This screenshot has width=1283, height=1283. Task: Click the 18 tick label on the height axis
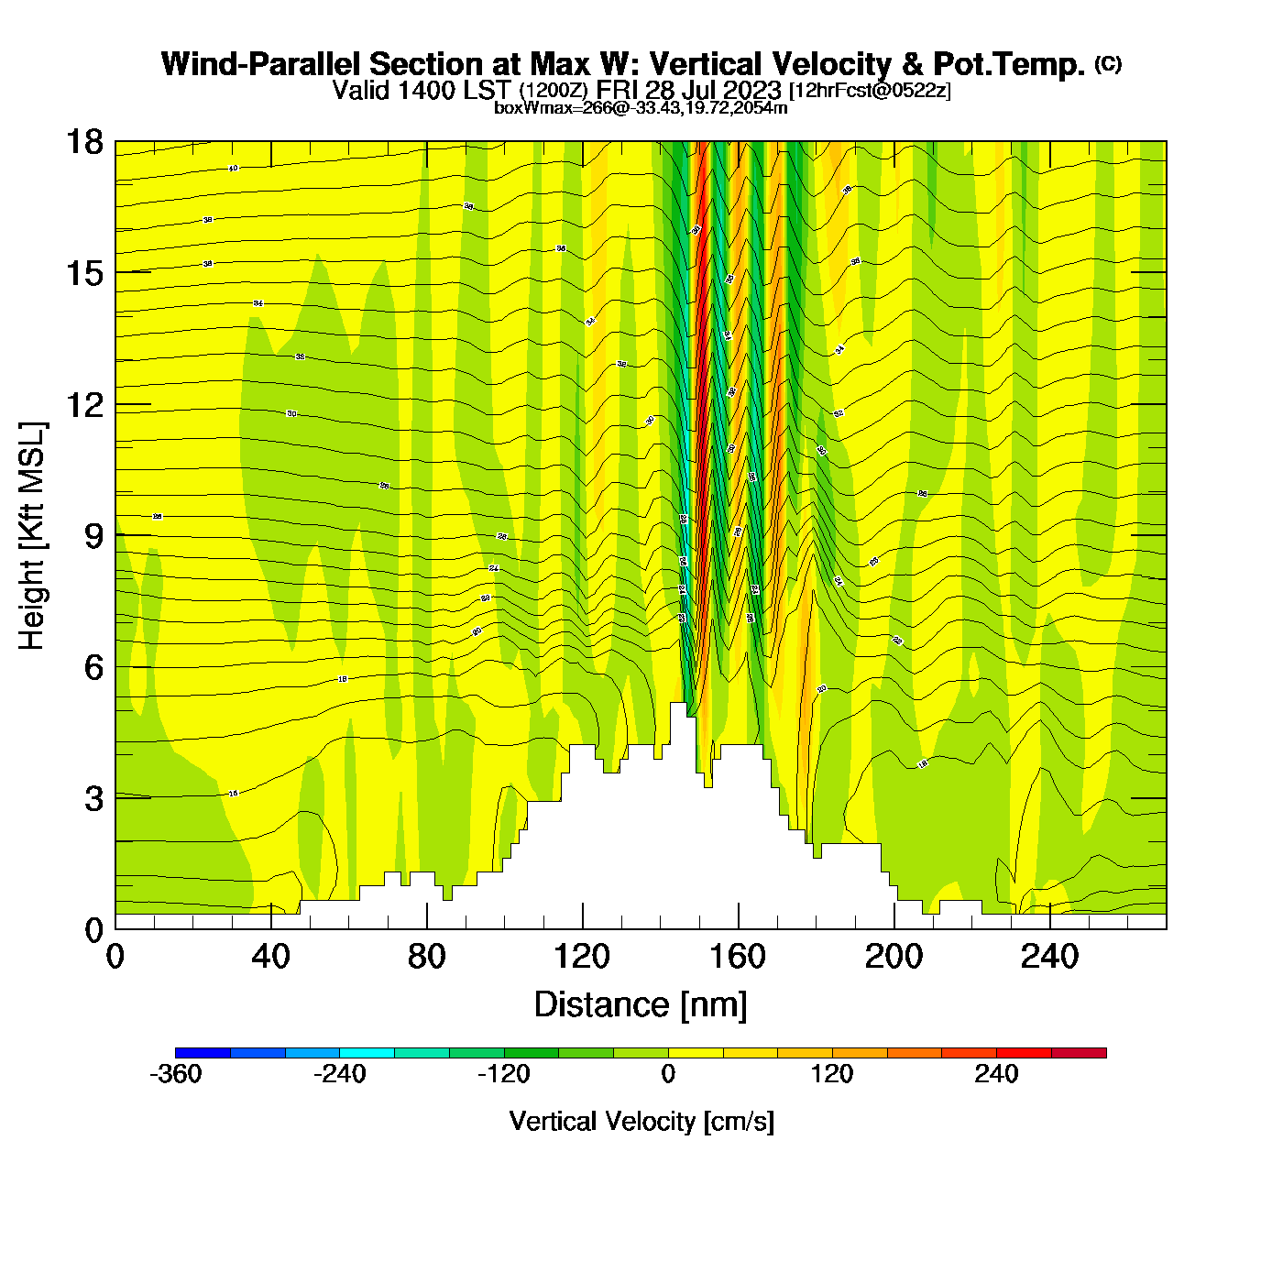[x=83, y=142]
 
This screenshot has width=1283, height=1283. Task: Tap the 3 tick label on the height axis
[x=94, y=799]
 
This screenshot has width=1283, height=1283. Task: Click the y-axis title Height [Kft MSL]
[x=32, y=536]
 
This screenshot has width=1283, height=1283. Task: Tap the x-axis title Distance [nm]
[x=641, y=1005]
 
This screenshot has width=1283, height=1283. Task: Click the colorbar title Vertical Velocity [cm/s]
[x=641, y=1121]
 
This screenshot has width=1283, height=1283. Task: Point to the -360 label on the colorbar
[x=175, y=1074]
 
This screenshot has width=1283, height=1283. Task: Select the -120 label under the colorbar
[x=504, y=1074]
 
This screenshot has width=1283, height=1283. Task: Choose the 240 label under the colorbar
[x=996, y=1074]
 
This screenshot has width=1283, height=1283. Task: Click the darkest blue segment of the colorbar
[x=203, y=1053]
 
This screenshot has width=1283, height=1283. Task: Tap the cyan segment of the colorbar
[x=367, y=1053]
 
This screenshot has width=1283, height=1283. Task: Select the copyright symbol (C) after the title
[x=1107, y=63]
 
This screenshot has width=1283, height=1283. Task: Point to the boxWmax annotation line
[x=641, y=108]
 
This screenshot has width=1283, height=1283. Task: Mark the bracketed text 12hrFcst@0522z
[x=870, y=91]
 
